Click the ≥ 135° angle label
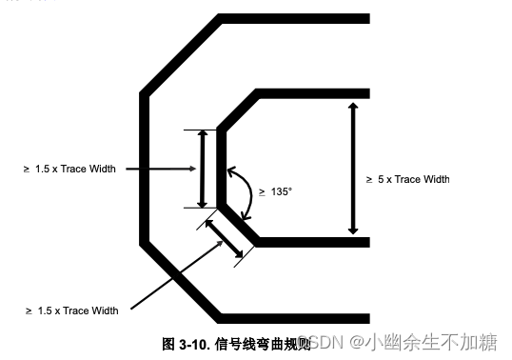coord(277,191)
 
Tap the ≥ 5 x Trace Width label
coord(407,179)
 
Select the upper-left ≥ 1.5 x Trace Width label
coord(69,169)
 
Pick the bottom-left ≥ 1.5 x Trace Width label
coord(71,310)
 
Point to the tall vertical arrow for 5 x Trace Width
coord(353,169)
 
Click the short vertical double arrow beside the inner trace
coord(201,169)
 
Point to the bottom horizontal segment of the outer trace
coord(294,318)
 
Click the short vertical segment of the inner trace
coord(221,169)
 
